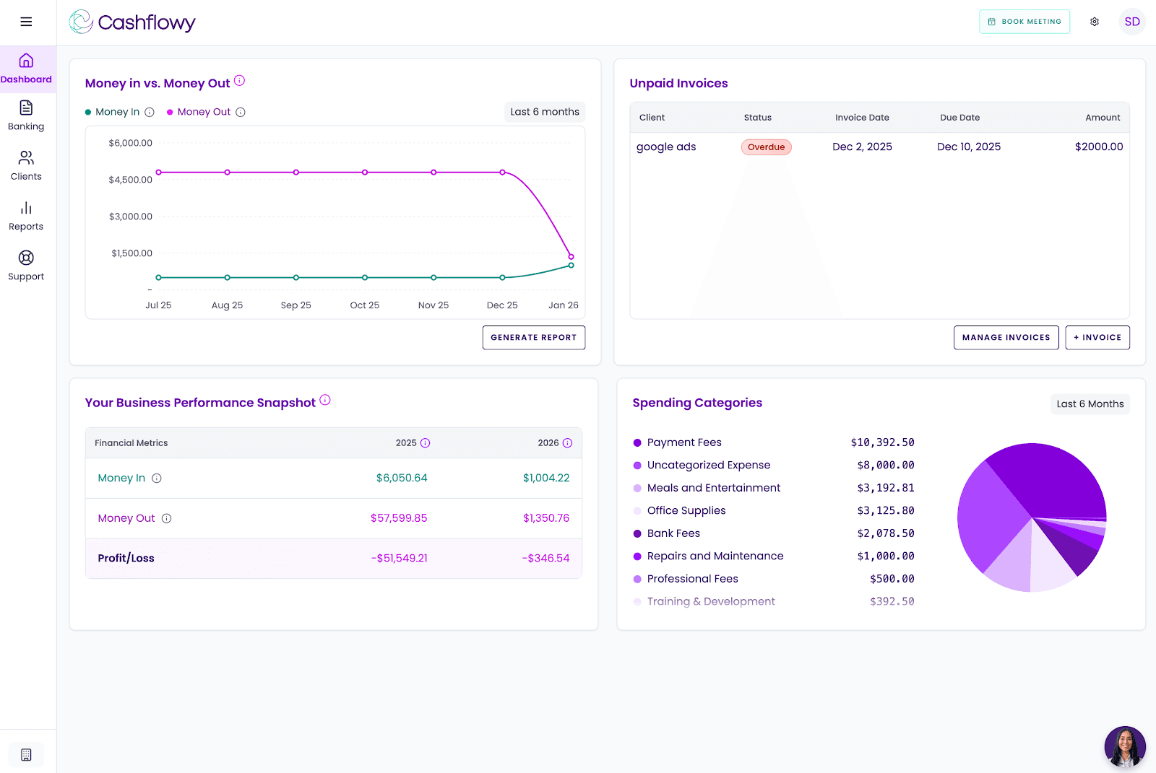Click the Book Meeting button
(1024, 22)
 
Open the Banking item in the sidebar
(26, 115)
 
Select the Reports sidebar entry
(26, 216)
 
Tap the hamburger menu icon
(26, 22)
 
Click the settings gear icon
(1095, 22)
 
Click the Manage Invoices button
(1006, 338)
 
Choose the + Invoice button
(1097, 338)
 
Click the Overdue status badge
(766, 147)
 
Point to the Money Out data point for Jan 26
(571, 256)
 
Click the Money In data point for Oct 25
(365, 277)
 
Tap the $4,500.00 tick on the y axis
(130, 180)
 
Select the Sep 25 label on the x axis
(296, 305)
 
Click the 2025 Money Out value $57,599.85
(399, 518)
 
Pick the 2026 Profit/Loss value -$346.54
(545, 559)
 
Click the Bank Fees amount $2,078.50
(885, 533)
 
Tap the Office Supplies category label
(686, 510)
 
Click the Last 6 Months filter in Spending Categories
(1090, 404)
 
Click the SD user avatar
(1131, 22)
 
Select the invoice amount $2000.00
(1098, 147)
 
